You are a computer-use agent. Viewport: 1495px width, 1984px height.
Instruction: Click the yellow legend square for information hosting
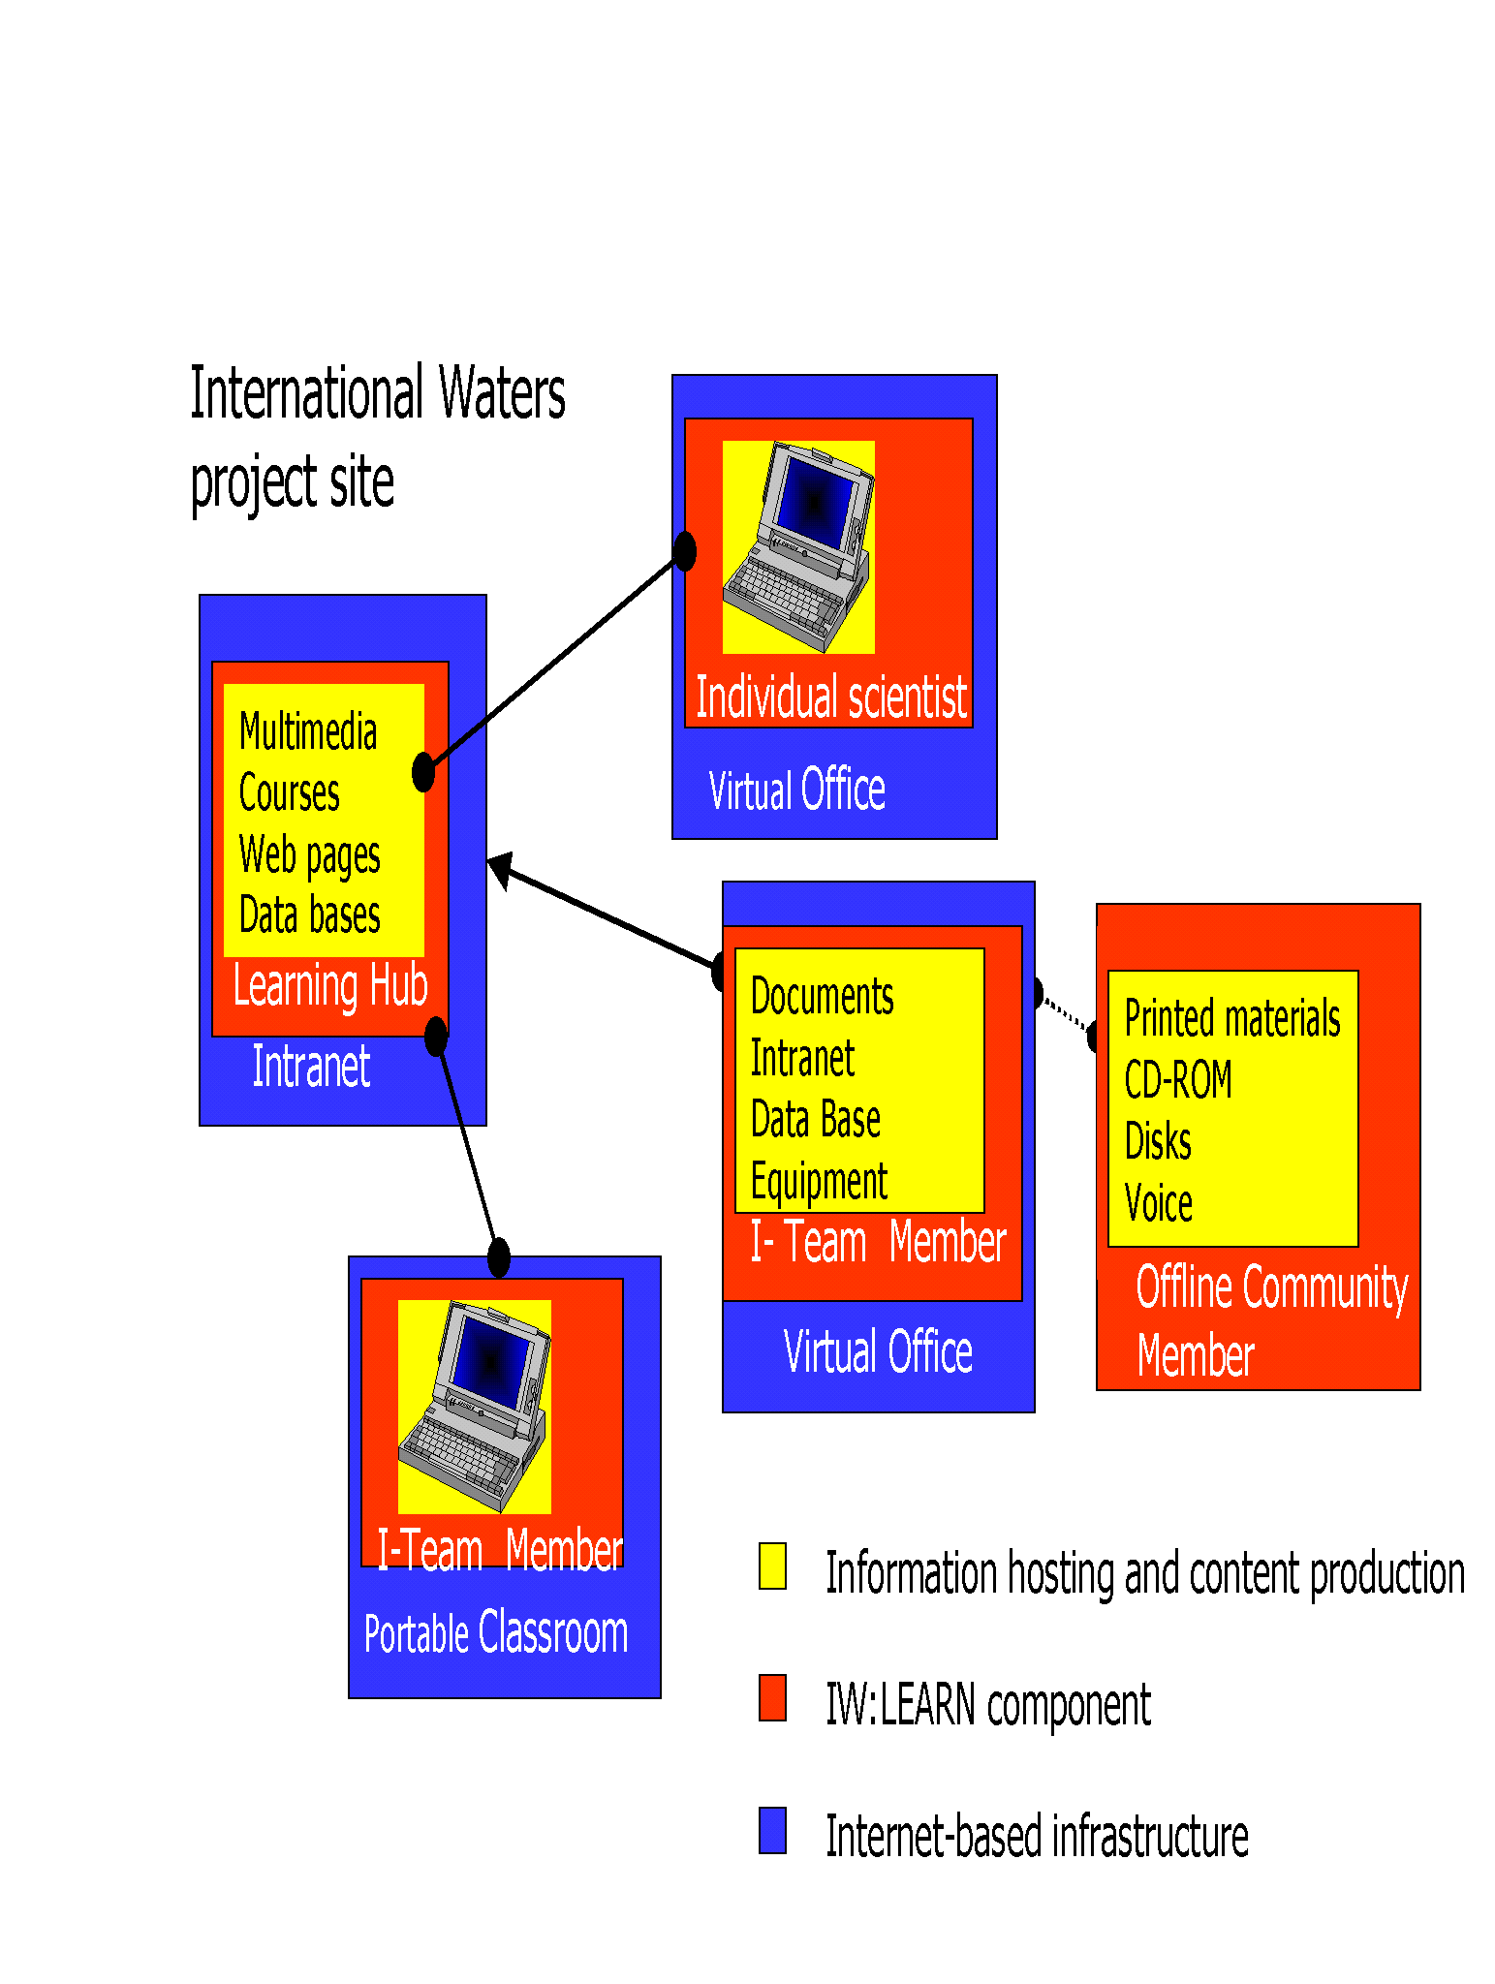772,1566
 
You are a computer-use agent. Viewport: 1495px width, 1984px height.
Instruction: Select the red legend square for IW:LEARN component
772,1697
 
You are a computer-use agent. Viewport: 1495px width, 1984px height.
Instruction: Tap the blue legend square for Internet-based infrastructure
772,1830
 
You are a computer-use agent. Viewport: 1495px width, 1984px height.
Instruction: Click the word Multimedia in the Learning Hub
308,731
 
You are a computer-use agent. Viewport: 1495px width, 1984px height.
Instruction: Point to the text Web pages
309,855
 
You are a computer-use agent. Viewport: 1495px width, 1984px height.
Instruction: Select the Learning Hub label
330,986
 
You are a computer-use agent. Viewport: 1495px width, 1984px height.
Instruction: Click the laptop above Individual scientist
799,546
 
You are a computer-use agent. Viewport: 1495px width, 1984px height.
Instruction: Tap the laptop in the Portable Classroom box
475,1406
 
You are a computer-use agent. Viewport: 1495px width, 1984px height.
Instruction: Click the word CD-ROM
1178,1079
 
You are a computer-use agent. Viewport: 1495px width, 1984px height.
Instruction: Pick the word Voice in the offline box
1158,1203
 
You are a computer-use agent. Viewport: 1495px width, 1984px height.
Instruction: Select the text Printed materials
1232,1018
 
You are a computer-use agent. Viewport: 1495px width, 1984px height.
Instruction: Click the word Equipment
819,1181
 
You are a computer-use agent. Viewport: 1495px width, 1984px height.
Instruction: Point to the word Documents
822,996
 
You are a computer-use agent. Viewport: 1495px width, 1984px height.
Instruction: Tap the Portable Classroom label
496,1633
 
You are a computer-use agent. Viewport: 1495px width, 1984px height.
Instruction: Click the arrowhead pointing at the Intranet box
499,869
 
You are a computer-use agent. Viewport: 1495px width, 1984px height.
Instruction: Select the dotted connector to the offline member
1065,1014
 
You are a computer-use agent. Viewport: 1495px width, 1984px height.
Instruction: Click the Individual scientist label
831,697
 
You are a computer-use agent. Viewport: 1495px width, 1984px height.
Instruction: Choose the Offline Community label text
1271,1287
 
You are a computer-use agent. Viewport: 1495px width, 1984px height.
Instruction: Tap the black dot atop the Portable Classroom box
499,1257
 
